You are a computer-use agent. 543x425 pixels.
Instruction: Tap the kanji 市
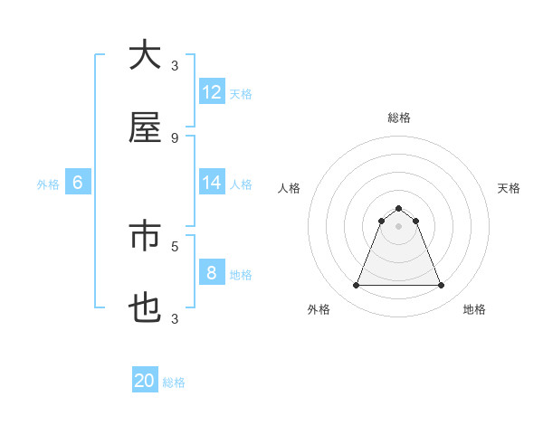point(145,236)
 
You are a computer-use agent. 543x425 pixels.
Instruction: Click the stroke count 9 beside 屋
point(175,137)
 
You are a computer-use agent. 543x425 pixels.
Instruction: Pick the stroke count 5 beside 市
point(175,245)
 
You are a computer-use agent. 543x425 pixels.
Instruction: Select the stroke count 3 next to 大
point(175,65)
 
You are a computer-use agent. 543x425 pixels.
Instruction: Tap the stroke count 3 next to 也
point(175,318)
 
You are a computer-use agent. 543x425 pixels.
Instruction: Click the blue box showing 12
point(212,92)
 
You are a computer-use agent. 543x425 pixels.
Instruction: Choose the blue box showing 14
point(212,183)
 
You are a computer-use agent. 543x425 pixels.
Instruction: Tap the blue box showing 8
point(212,273)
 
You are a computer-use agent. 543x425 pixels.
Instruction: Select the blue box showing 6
point(78,183)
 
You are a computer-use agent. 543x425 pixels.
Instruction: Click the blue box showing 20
point(145,381)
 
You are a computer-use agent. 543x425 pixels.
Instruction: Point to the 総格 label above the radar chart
point(399,118)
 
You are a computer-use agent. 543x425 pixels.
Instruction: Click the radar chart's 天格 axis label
point(509,188)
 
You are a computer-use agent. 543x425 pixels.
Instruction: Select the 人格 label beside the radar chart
point(290,188)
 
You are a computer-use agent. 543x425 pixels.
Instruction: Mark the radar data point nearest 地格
point(441,286)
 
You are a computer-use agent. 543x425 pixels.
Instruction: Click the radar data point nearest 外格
point(356,286)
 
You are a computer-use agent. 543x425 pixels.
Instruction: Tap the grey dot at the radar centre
point(398,226)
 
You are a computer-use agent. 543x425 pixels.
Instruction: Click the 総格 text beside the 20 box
point(175,382)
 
